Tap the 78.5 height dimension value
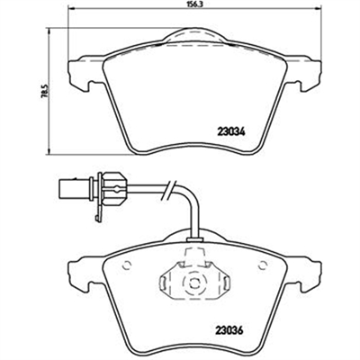[45, 91]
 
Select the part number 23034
[230, 131]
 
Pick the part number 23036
[229, 330]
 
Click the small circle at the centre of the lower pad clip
[193, 283]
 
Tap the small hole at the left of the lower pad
[128, 265]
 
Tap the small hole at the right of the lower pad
[263, 265]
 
